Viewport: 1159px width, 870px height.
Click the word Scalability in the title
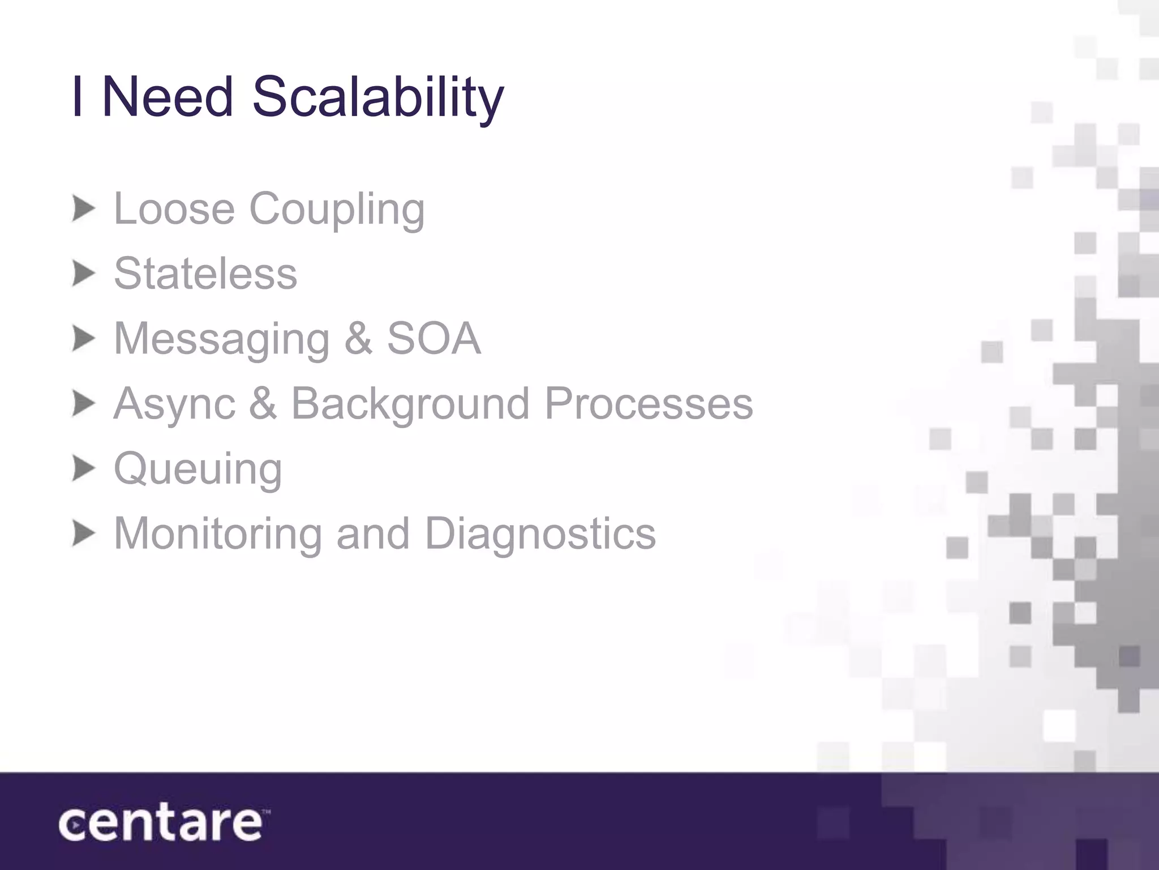coord(377,97)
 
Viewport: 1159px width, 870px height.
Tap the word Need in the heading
coord(168,97)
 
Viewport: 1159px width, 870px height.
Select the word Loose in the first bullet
coord(174,209)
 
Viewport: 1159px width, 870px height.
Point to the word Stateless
coord(205,274)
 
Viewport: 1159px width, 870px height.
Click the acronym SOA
coord(433,339)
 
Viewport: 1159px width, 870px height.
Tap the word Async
coord(174,404)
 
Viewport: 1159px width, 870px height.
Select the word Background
coord(410,404)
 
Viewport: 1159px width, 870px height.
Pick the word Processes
coord(649,404)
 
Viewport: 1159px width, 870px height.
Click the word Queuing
coord(198,470)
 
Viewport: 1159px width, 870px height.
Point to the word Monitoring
coord(218,535)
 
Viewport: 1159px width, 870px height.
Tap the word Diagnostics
coord(540,535)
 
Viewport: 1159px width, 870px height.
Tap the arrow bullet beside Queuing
coord(83,470)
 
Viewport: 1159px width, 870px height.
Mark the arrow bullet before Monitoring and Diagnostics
coord(83,534)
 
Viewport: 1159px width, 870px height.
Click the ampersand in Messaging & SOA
coord(358,339)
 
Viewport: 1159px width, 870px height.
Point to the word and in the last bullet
coord(373,534)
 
